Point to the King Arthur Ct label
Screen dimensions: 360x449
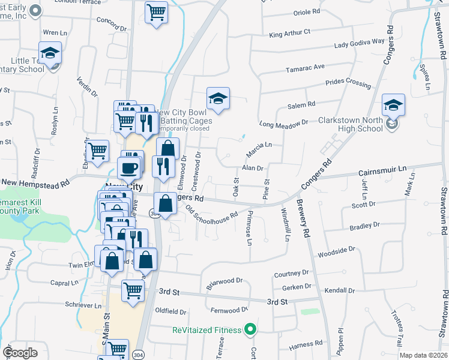click(x=290, y=33)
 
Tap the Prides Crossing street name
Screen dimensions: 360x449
click(x=348, y=82)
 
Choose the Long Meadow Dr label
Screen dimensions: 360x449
click(x=283, y=123)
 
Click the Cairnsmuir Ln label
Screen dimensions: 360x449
click(x=382, y=171)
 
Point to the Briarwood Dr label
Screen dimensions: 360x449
click(x=224, y=284)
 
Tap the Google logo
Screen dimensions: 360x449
click(x=20, y=353)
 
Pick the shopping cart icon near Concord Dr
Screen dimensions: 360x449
click(x=156, y=12)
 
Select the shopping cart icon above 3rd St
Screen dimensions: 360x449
click(x=133, y=291)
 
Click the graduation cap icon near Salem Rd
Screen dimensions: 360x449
click(x=218, y=98)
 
